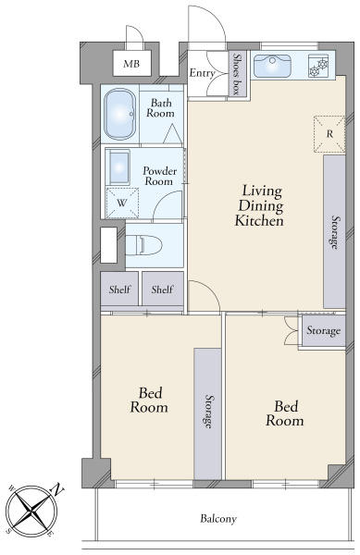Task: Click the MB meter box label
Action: pos(131,64)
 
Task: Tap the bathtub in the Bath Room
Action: pos(120,114)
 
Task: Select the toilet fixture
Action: pos(143,245)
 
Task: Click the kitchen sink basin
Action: pos(273,66)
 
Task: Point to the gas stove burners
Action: pos(319,67)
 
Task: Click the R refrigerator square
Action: pos(329,134)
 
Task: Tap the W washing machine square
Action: pos(122,203)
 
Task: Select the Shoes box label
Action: pos(237,73)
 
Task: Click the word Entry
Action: pos(202,73)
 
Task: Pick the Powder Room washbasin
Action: pos(119,167)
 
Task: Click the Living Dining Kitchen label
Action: pos(259,205)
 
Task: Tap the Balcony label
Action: pos(218,519)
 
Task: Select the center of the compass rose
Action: pos(32,512)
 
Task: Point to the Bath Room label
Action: pos(161,108)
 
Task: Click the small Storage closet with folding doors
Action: pos(323,330)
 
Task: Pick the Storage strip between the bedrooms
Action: pos(208,413)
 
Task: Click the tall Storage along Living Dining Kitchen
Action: pos(334,232)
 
